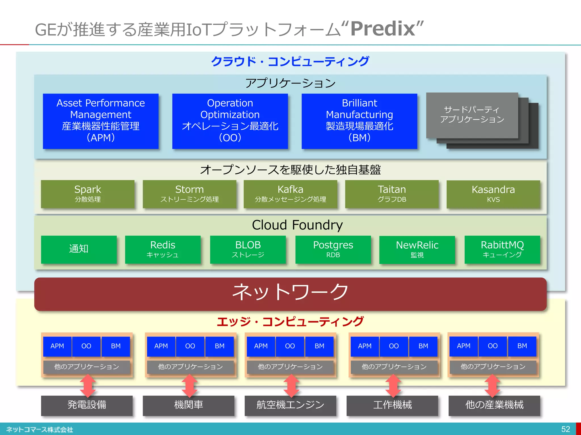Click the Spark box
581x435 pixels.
88,194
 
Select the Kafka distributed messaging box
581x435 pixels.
290,194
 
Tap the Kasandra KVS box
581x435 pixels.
493,194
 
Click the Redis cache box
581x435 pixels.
163,249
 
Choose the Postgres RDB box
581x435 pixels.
333,249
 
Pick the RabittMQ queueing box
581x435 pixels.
502,249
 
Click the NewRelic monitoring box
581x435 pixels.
417,249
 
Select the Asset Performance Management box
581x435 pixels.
101,121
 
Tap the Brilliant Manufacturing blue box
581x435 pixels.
359,121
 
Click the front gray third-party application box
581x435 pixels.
472,115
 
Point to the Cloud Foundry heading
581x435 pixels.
297,225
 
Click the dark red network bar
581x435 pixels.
290,294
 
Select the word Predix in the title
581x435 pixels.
383,29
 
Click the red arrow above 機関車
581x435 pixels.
189,385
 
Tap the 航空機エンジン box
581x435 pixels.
290,405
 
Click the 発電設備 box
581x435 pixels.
87,405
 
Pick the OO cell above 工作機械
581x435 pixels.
394,346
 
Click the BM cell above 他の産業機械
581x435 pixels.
522,346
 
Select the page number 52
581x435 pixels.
565,429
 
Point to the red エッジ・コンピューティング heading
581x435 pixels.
290,322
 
